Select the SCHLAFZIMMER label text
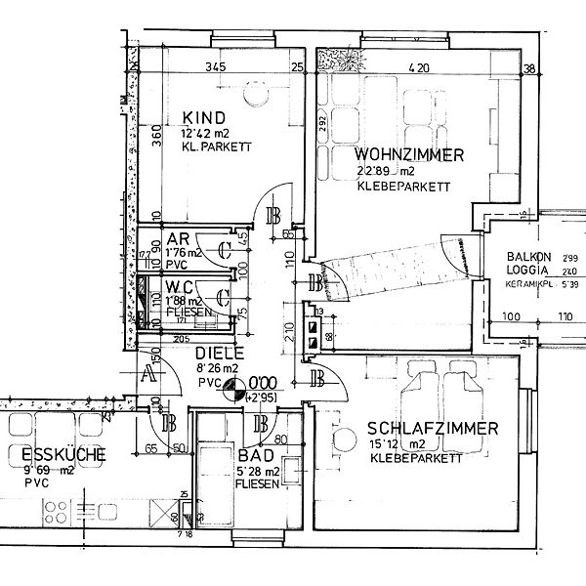click(434, 428)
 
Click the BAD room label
click(255, 456)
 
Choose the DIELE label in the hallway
click(216, 353)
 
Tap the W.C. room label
click(183, 286)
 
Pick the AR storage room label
click(178, 238)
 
